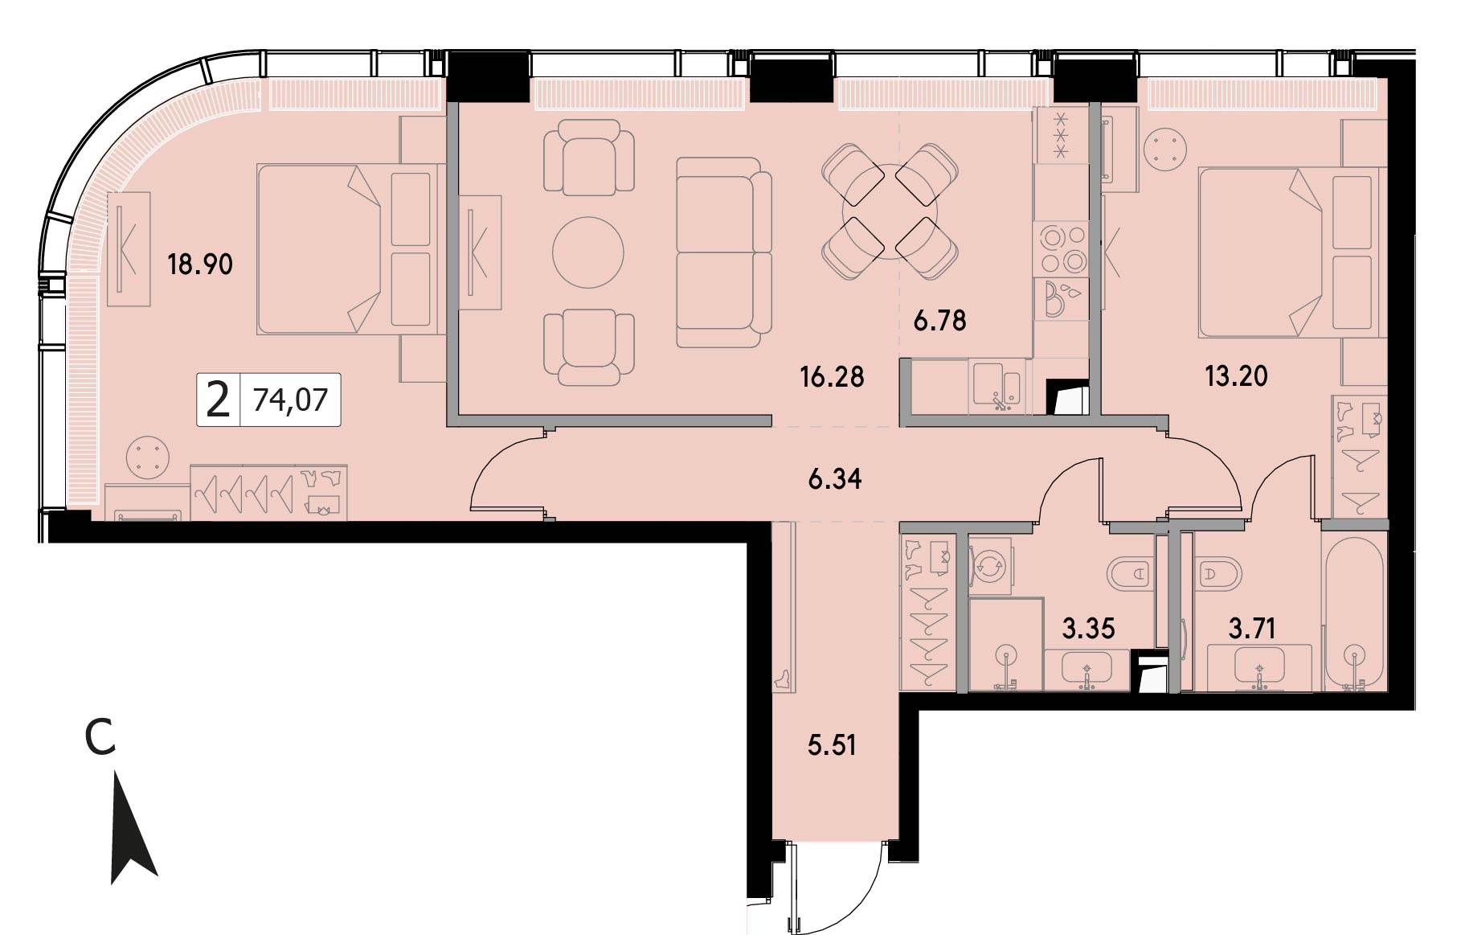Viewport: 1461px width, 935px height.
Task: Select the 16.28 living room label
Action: coord(832,376)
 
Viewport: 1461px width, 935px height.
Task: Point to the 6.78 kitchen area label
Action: coord(939,321)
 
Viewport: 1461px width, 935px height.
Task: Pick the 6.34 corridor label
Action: coord(835,479)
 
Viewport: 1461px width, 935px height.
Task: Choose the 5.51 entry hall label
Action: coord(832,745)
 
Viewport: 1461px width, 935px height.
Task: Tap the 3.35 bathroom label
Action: coord(1088,628)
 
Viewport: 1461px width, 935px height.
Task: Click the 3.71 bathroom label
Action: coord(1252,628)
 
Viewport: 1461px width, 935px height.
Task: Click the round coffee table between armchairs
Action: coord(588,252)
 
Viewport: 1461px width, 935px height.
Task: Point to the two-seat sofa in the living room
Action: coord(723,252)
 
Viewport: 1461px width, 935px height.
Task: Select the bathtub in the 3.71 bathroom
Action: coord(1355,609)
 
